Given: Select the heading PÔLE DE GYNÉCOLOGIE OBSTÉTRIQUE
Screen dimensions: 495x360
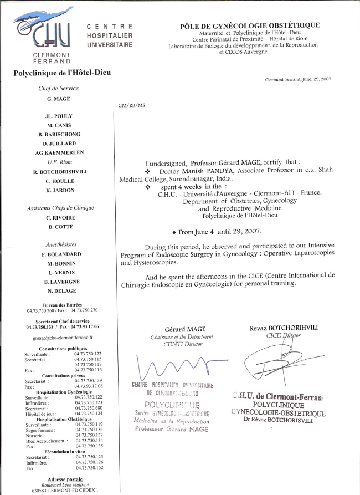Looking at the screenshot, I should [250, 26].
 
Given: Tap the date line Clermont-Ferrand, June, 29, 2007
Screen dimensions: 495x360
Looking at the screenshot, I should [299, 79].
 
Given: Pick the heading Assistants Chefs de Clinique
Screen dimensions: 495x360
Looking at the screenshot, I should [60, 208].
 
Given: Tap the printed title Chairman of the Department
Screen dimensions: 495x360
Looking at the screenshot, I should [182, 337].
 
